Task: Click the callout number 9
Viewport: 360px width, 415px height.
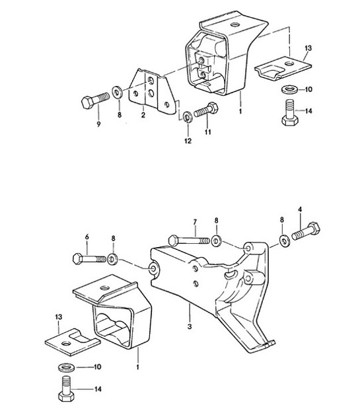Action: coord(98,125)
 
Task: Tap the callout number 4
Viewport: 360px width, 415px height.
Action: coord(300,211)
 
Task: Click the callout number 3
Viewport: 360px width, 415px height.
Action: coord(190,326)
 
